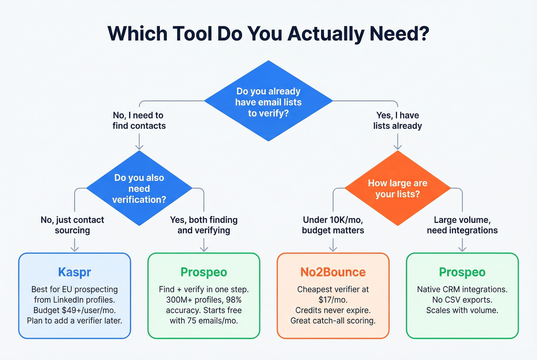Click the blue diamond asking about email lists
[x=268, y=101]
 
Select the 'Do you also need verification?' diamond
[x=139, y=188]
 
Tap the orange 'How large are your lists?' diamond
[x=398, y=188]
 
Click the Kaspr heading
[x=74, y=272]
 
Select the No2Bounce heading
[x=333, y=272]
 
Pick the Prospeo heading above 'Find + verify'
[x=204, y=272]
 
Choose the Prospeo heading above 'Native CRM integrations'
[x=462, y=272]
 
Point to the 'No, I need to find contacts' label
[x=139, y=120]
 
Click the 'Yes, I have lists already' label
[x=398, y=120]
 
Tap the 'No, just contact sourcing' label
[x=72, y=225]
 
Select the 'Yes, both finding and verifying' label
[x=204, y=225]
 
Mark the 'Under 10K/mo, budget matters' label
[x=333, y=225]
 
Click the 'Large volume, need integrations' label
[x=462, y=225]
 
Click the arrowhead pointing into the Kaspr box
[x=74, y=249]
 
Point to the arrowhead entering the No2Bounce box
[x=333, y=249]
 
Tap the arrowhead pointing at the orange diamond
[x=398, y=147]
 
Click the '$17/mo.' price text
[x=333, y=300]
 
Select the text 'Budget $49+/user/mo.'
[x=74, y=310]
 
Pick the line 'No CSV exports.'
[x=462, y=300]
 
